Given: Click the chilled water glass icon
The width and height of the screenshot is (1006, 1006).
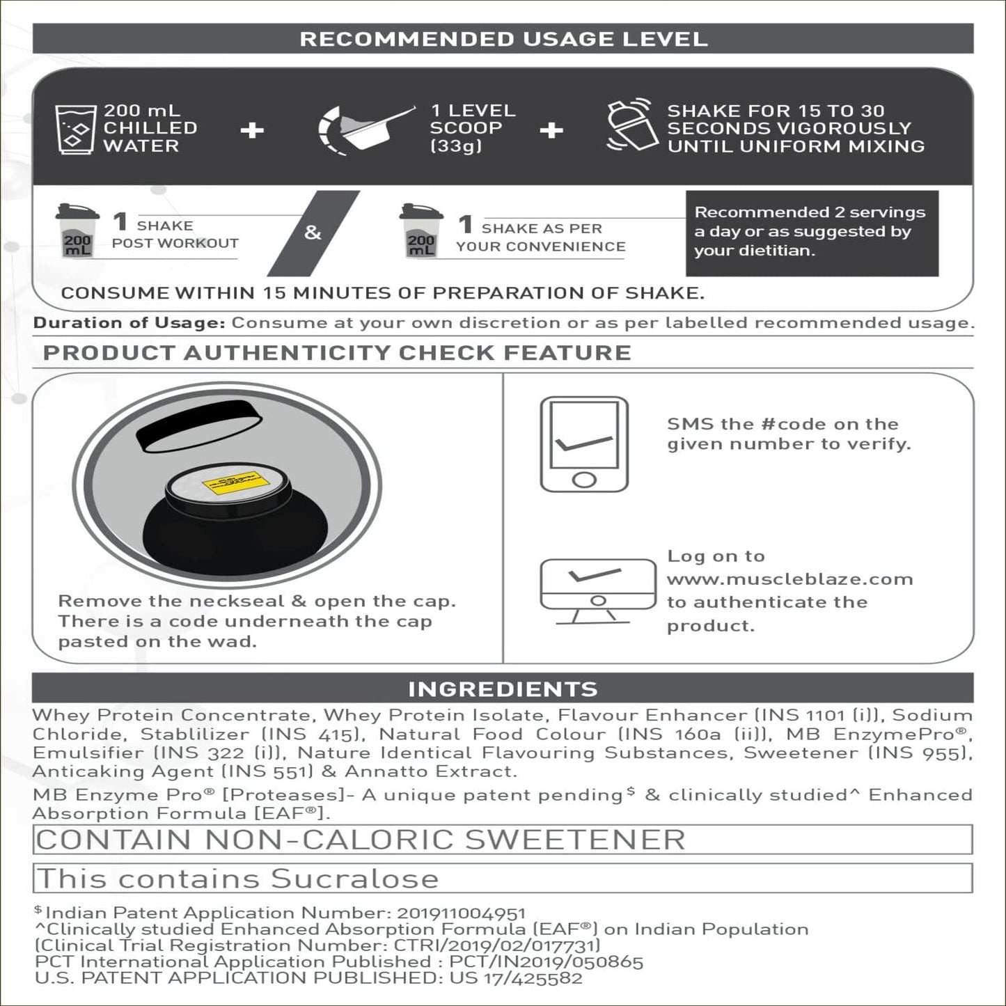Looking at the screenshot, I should pos(75,129).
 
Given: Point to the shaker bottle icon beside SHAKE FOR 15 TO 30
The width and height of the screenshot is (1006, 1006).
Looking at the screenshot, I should pos(629,125).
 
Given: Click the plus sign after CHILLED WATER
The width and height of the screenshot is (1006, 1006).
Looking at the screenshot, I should pos(252,130).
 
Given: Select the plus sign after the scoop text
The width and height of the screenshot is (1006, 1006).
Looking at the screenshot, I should pos(551,130).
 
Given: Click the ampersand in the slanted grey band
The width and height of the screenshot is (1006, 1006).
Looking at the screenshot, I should pos(313,233).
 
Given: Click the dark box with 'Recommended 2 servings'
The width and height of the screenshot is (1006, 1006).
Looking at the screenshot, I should pos(811,232).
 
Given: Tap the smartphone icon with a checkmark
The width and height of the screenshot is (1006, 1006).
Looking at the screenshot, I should pos(584,444).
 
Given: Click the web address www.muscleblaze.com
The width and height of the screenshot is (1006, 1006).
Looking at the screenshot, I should pos(789,579).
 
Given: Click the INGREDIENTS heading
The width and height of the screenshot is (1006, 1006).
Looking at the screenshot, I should pos(503,689).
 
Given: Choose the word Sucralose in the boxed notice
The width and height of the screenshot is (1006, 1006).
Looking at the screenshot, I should pos(354,879).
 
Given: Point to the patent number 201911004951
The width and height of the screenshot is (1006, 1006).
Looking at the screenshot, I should pos(461,913).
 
